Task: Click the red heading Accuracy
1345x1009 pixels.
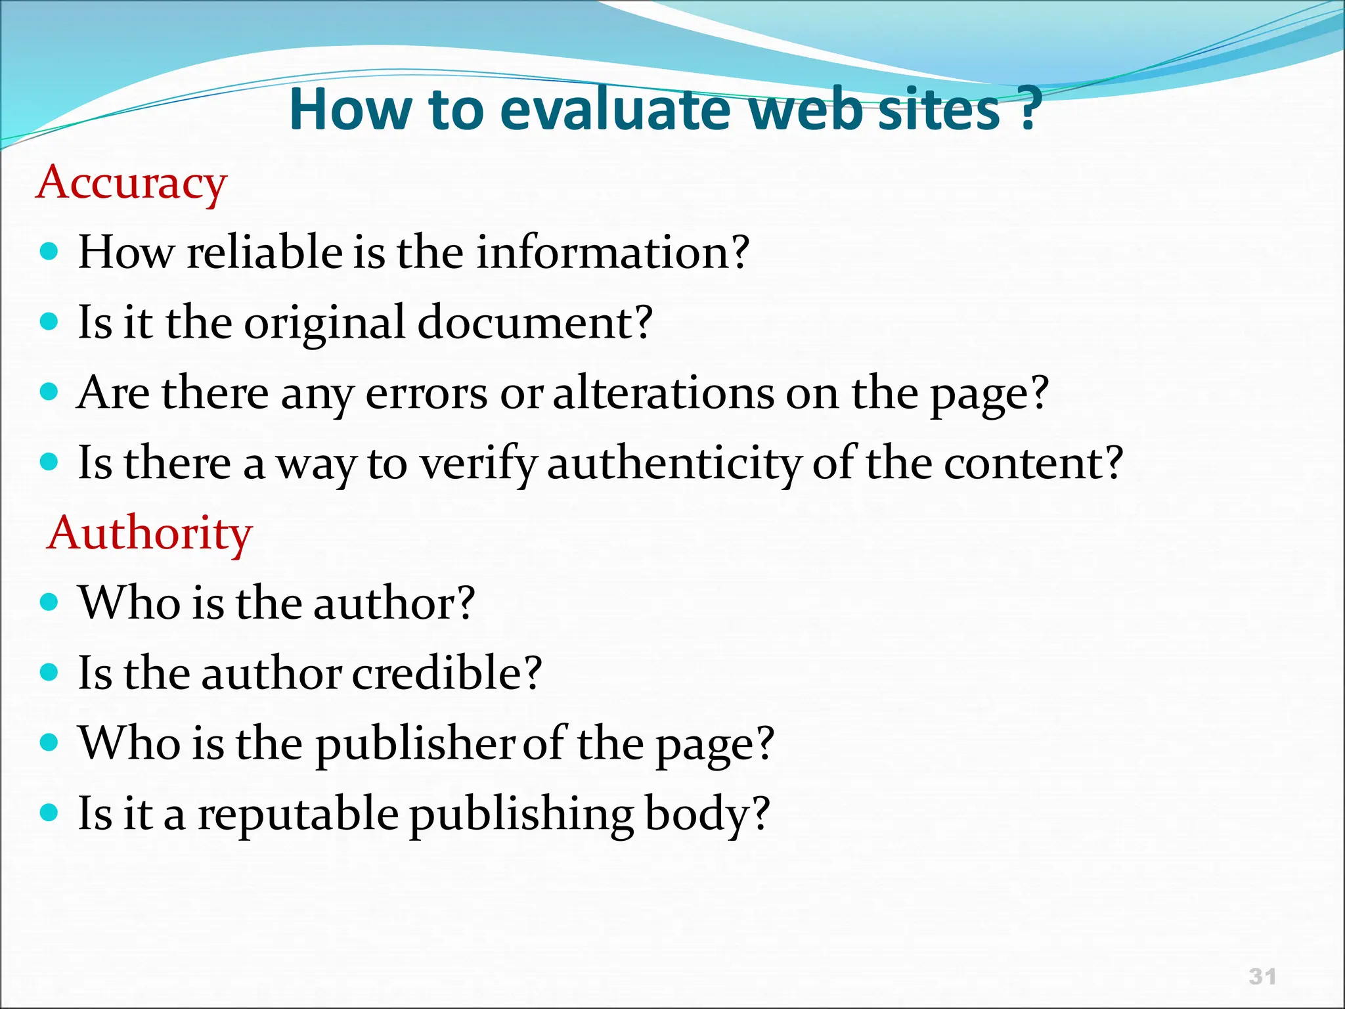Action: click(x=131, y=183)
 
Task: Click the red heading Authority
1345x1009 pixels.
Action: click(x=150, y=533)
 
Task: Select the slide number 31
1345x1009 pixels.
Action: click(x=1262, y=976)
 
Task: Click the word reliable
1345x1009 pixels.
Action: click(x=264, y=252)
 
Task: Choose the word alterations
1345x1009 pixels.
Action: click(x=663, y=393)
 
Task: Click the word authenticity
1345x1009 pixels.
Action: click(x=674, y=464)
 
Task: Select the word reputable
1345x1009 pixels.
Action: click(x=298, y=814)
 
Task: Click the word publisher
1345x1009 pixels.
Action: click(x=414, y=744)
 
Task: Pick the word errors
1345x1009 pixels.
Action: click(x=426, y=394)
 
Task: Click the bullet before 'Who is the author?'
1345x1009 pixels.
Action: click(x=49, y=602)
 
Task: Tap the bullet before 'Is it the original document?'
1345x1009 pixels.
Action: click(x=49, y=322)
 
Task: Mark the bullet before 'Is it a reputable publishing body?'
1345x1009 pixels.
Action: click(x=49, y=813)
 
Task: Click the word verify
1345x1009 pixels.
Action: click(x=477, y=464)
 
